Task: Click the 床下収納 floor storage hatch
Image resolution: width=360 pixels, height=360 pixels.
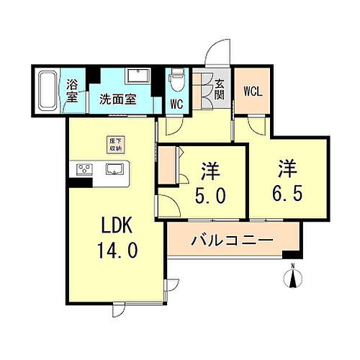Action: pos(115,145)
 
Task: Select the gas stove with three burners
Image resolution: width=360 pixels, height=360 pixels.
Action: pos(84,170)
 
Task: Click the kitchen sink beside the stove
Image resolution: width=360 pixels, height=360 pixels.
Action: pos(115,170)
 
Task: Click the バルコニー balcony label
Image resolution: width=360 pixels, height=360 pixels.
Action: pos(232,240)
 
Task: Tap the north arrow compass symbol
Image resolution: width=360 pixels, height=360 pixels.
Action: pos(294,276)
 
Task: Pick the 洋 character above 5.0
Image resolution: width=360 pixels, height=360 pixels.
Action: pos(210,171)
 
